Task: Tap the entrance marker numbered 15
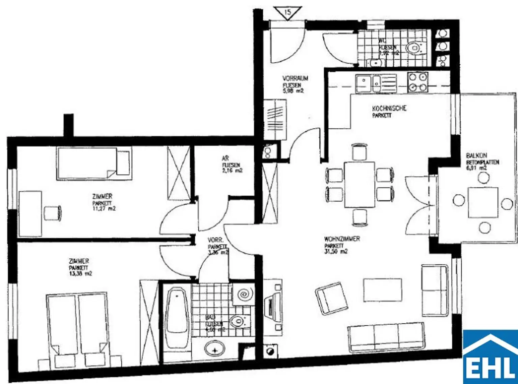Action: [x=287, y=13]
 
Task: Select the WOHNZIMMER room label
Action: [x=342, y=239]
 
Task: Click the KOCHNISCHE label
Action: [x=389, y=108]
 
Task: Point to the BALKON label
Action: [x=476, y=155]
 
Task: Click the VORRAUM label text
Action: [x=295, y=78]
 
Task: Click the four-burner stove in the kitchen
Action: [x=418, y=82]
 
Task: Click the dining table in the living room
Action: [x=359, y=184]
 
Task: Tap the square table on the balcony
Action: [x=483, y=202]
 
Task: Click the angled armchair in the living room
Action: [x=331, y=298]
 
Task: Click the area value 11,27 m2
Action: [x=104, y=209]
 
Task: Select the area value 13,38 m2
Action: [x=80, y=273]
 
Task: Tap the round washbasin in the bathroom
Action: [x=214, y=348]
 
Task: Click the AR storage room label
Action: [x=225, y=158]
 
